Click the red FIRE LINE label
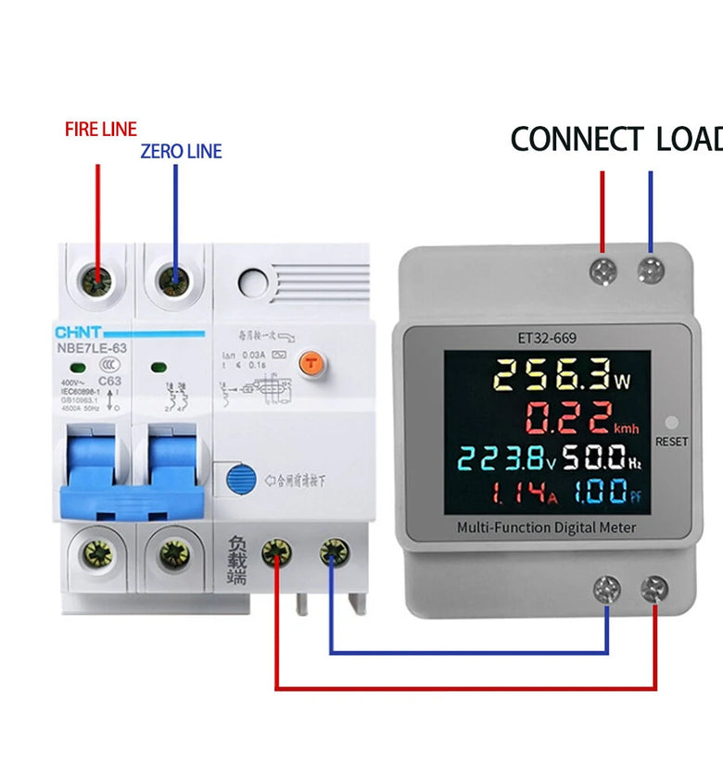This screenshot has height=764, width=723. point(100,129)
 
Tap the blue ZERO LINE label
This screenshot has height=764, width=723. point(181,151)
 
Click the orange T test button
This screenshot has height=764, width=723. point(312,364)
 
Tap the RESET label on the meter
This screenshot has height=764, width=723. point(672,441)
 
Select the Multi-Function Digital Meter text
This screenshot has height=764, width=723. point(547,527)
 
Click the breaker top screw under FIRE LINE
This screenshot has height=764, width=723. point(96,279)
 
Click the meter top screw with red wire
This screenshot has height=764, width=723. point(603,271)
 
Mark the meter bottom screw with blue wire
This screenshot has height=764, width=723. point(607,587)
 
